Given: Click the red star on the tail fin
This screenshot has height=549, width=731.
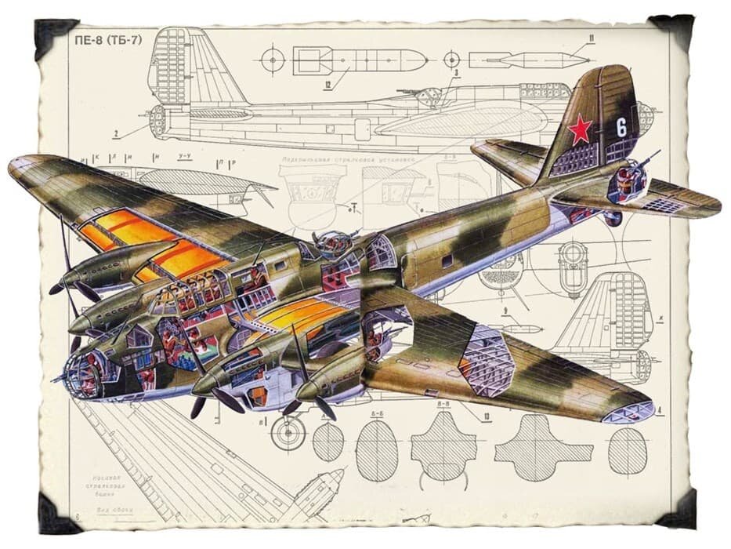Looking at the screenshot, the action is (x=580, y=129).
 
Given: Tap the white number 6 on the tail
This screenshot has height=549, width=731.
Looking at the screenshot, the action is (x=621, y=125).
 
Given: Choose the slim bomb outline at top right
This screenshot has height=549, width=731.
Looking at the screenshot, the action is (x=529, y=59).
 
